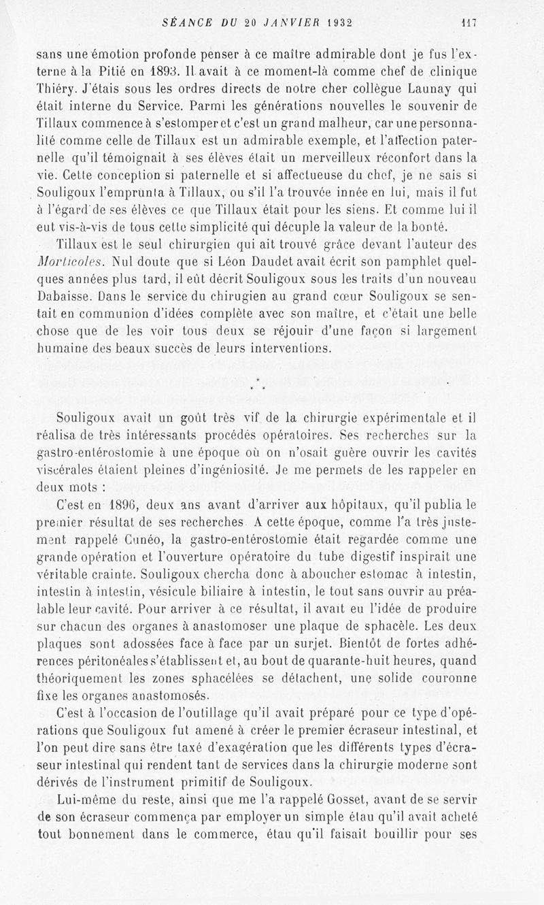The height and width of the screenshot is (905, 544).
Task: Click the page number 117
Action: pos(470,22)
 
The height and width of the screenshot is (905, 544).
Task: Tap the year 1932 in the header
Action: pos(331,22)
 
